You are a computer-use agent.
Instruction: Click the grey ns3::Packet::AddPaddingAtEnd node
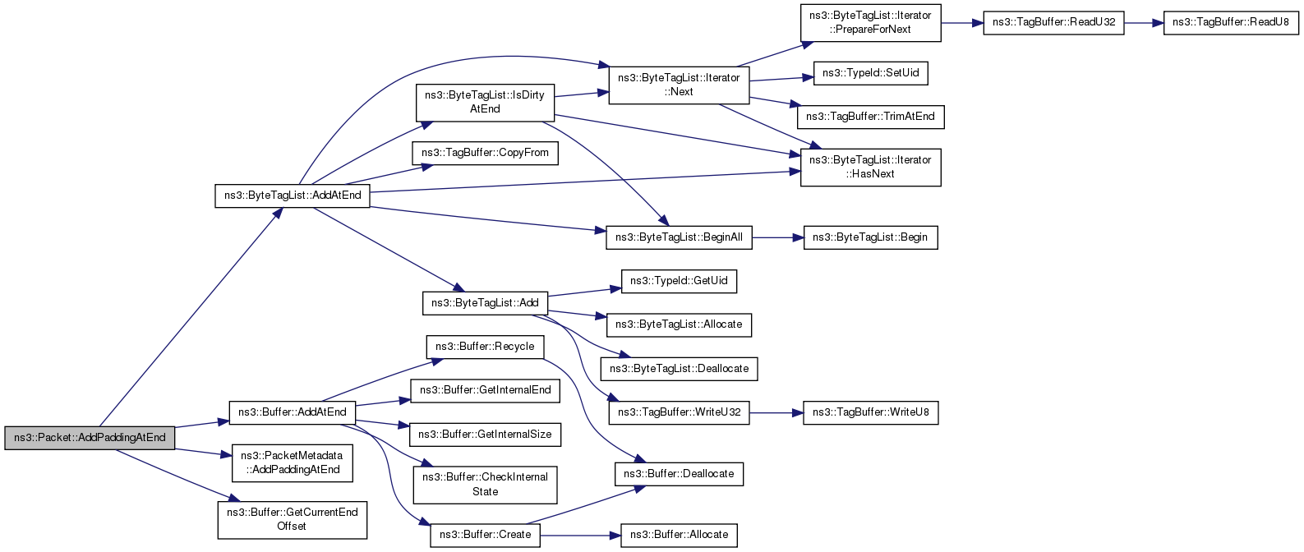90,438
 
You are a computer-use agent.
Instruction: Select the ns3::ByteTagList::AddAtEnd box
293,195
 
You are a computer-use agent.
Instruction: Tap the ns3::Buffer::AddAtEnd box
293,412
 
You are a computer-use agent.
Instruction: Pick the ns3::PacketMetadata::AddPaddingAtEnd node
293,463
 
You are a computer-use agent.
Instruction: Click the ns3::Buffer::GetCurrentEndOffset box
293,519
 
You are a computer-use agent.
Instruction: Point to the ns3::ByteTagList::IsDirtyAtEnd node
485,103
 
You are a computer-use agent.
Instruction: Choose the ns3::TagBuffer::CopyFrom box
485,153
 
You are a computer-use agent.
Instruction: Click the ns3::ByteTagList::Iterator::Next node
679,85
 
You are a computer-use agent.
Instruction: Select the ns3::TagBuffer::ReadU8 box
1231,23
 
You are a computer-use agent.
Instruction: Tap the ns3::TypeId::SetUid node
870,73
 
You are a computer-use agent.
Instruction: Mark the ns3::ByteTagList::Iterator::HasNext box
870,168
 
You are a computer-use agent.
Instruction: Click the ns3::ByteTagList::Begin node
870,238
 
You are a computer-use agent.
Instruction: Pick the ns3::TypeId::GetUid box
679,281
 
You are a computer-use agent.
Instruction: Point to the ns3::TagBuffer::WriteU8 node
870,412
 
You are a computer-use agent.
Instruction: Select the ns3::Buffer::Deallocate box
679,474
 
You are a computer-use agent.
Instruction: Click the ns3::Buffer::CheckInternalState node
485,485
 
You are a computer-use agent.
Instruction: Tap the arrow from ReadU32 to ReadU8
1143,23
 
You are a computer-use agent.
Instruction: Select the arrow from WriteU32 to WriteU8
776,412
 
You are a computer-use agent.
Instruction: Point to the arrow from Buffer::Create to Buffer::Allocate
580,535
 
